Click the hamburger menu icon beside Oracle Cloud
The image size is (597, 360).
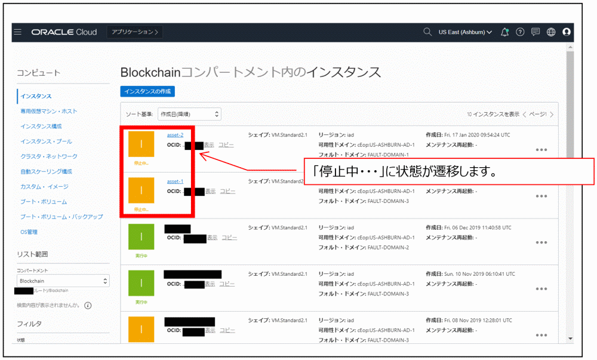pos(18,32)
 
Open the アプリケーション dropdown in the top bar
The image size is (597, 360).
pos(135,32)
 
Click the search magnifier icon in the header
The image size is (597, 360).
pos(427,32)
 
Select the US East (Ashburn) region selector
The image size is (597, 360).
pos(465,32)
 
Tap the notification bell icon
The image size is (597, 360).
pos(505,32)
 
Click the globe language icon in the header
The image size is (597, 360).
pos(551,32)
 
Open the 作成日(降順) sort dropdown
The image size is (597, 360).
pos(189,113)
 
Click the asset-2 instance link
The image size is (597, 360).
pos(175,135)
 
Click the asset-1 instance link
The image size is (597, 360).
pos(175,181)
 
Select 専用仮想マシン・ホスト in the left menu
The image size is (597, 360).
pos(48,111)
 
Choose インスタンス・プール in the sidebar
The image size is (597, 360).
pos(46,141)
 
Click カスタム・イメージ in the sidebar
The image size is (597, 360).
pos(44,187)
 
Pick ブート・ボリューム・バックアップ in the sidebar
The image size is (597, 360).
pos(61,217)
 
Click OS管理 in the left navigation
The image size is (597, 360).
pos(29,232)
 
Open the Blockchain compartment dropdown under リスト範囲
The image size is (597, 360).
pos(63,281)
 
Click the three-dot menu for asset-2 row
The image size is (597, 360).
pos(541,150)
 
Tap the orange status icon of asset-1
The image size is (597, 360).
pos(141,190)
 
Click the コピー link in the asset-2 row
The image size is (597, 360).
pos(226,144)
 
